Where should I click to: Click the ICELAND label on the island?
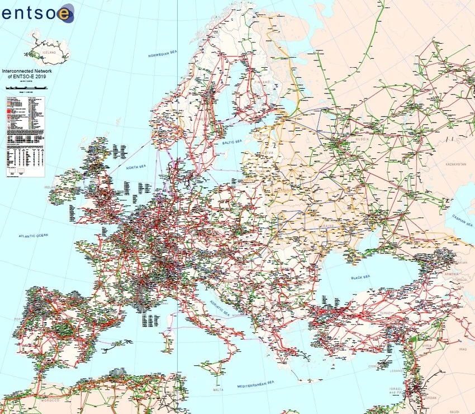tap(35, 49)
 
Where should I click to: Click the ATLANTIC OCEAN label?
tap(34, 236)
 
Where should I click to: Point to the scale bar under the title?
tap(25, 88)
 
